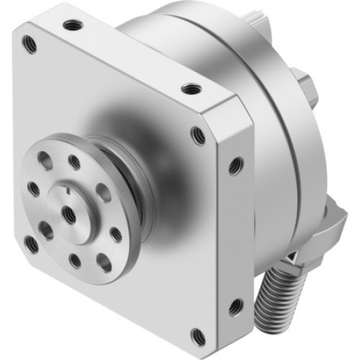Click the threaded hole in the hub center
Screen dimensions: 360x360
(x=70, y=213)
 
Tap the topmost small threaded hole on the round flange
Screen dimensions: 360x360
(x=74, y=162)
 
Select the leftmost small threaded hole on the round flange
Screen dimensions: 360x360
(x=33, y=189)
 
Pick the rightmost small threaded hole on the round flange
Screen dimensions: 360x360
(x=116, y=234)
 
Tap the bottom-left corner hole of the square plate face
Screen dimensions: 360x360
(x=31, y=244)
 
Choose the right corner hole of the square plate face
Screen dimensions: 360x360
(x=197, y=134)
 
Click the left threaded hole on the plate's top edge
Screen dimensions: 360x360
(x=71, y=25)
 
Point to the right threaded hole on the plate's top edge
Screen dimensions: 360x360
(x=190, y=89)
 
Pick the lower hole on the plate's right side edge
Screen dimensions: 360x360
(x=234, y=307)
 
